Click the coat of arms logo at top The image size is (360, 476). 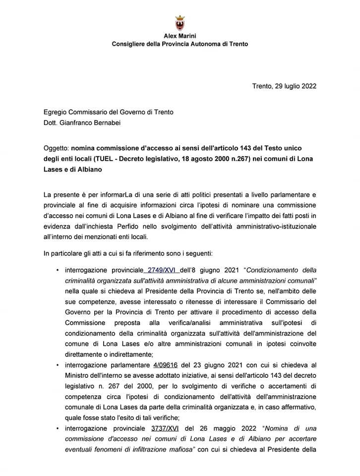coord(180,23)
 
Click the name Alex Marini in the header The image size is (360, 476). coord(180,36)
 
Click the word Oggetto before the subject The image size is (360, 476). coord(56,148)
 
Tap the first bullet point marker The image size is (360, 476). coord(58,270)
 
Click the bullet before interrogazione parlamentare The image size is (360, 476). coord(58,365)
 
